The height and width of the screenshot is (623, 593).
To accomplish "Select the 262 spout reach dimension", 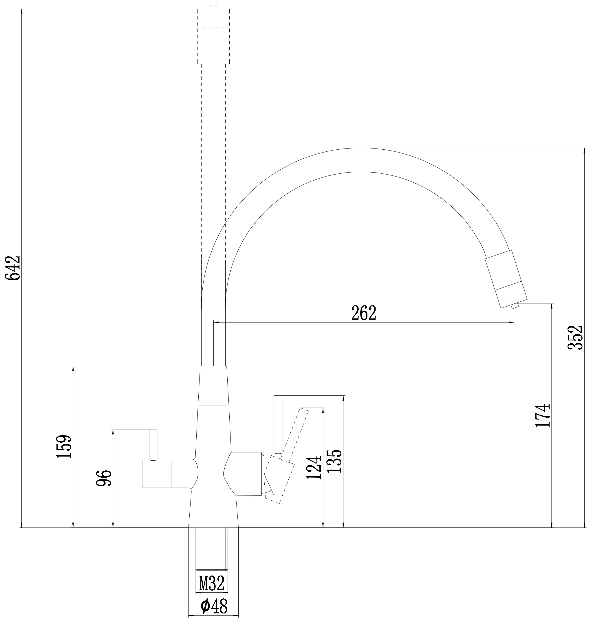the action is (x=364, y=313).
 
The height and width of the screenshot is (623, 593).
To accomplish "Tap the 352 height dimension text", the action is (x=575, y=337).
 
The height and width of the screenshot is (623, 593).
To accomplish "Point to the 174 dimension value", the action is (x=543, y=416).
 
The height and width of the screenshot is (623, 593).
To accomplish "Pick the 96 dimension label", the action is (x=104, y=478).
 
